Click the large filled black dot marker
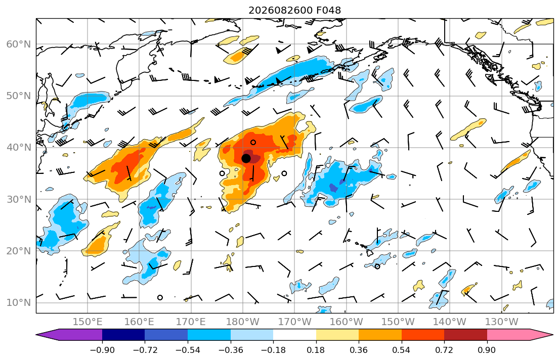pyautogui.click(x=246, y=158)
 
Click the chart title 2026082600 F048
pyautogui.click(x=294, y=10)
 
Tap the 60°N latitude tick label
pyautogui.click(x=19, y=44)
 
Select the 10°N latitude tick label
pyautogui.click(x=19, y=303)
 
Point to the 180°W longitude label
pyautogui.click(x=243, y=322)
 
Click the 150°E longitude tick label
pyautogui.click(x=88, y=322)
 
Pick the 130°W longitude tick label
pyautogui.click(x=502, y=322)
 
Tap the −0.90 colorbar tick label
pyautogui.click(x=102, y=350)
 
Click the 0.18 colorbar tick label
pyautogui.click(x=316, y=350)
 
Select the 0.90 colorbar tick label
pyautogui.click(x=487, y=350)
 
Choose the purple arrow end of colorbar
pyautogui.click(x=69, y=335)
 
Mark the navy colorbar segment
pyautogui.click(x=123, y=335)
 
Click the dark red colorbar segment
pyautogui.click(x=465, y=335)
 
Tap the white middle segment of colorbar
pyautogui.click(x=294, y=335)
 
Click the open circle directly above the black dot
pyautogui.click(x=253, y=142)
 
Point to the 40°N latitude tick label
pyautogui.click(x=19, y=148)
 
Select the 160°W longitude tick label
pyautogui.click(x=347, y=322)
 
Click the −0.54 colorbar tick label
pyautogui.click(x=188, y=350)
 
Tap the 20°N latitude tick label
pyautogui.click(x=19, y=251)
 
